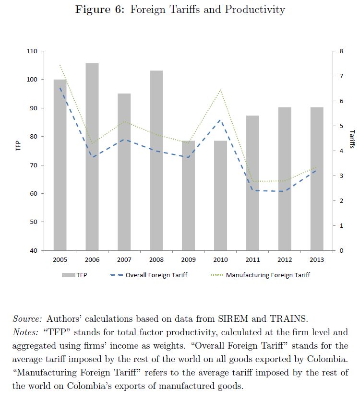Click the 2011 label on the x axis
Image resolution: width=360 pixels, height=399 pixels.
[252, 260]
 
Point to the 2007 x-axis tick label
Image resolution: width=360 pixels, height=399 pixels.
[124, 260]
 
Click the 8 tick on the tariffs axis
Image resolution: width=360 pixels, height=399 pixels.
[341, 51]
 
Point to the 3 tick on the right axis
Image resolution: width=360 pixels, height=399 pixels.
[341, 176]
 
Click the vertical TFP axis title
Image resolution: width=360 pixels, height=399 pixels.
[19, 146]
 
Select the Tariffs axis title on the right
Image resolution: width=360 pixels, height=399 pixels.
[352, 139]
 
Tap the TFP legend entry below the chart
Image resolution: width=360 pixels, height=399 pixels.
[81, 275]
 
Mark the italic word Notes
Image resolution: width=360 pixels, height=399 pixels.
[26, 332]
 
